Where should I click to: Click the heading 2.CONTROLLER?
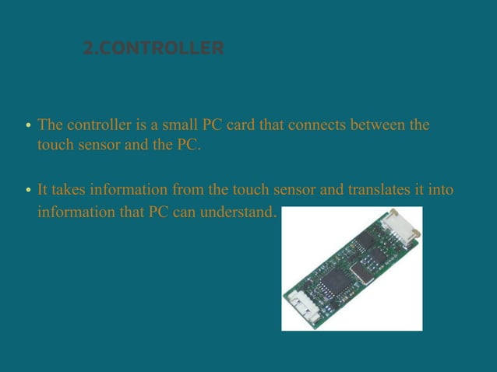pos(153,49)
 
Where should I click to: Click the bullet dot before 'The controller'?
pos(28,126)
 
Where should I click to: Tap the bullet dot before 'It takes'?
pos(28,191)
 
